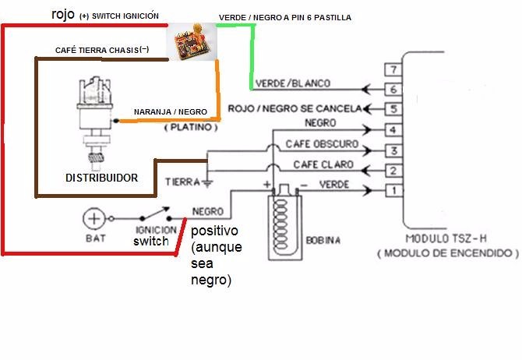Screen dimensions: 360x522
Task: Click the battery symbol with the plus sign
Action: coord(95,219)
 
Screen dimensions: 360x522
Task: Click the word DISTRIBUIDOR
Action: coord(102,178)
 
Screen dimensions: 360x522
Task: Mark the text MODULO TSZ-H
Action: coord(442,238)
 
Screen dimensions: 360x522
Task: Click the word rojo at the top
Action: coord(63,14)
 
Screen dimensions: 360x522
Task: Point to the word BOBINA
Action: coord(323,241)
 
